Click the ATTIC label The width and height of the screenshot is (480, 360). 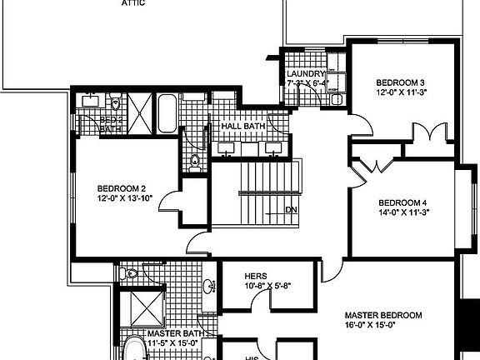(133, 3)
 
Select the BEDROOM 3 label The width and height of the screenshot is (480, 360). (400, 82)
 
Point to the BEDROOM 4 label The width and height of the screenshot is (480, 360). (402, 202)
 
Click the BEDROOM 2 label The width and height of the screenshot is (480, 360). (122, 187)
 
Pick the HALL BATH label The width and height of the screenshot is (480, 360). (242, 126)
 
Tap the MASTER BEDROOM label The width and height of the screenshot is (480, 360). (383, 315)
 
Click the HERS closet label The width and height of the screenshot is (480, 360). (255, 276)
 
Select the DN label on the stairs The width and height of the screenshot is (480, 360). (292, 209)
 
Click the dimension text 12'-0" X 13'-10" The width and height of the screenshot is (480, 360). (125, 198)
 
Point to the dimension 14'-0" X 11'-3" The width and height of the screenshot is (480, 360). (402, 212)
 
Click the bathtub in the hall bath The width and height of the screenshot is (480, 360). (167, 112)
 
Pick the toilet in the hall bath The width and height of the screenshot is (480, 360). (194, 161)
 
